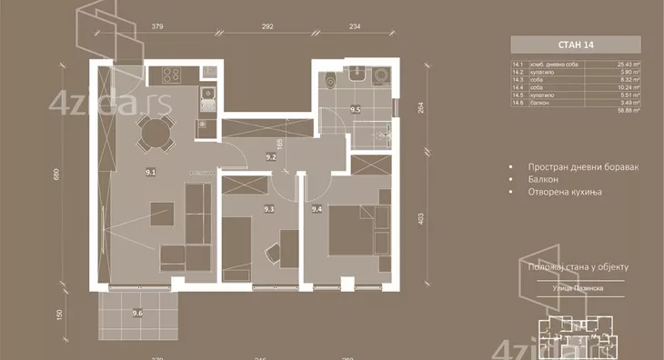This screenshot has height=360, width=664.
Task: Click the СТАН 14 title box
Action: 575,45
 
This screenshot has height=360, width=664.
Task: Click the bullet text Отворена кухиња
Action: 569,193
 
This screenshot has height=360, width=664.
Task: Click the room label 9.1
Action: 151,171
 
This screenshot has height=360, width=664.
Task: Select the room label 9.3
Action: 268,210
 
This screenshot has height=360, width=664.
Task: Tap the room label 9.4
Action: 317,209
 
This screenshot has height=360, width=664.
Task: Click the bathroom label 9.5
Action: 357,110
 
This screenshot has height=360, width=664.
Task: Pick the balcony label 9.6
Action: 137,314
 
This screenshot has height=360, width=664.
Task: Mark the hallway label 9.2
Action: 270,155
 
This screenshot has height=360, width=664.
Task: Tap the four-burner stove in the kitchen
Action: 170,74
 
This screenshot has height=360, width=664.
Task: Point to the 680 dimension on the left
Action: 56,175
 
